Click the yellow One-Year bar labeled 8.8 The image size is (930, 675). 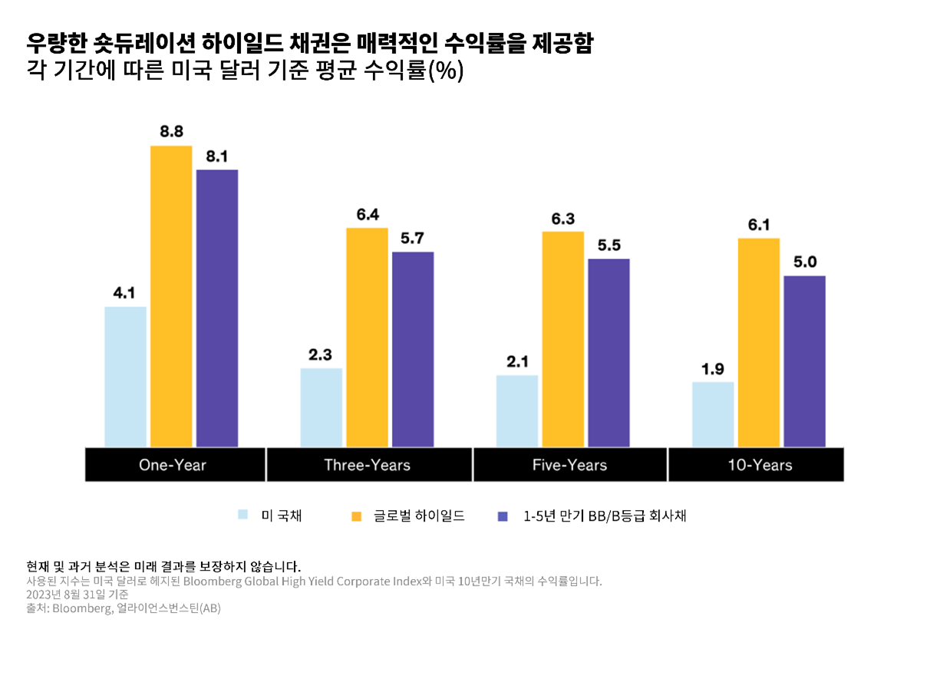pyautogui.click(x=171, y=295)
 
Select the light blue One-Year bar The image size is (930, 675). pyautogui.click(x=125, y=376)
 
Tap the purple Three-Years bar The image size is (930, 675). pyautogui.click(x=413, y=349)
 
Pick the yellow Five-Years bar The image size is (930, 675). pyautogui.click(x=562, y=338)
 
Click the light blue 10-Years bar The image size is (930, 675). pyautogui.click(x=713, y=414)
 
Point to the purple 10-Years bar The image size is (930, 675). pyautogui.click(x=804, y=361)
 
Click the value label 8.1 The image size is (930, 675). pyautogui.click(x=217, y=156)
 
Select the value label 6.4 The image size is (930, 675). pyautogui.click(x=368, y=215)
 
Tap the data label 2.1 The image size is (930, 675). pyautogui.click(x=517, y=361)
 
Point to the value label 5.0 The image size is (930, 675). pyautogui.click(x=804, y=262)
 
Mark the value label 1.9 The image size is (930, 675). pyautogui.click(x=713, y=369)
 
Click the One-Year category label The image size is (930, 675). pyautogui.click(x=173, y=465)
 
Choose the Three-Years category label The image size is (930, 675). pyautogui.click(x=367, y=465)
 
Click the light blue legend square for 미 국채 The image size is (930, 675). pyautogui.click(x=243, y=515)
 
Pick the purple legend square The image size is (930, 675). pyautogui.click(x=503, y=515)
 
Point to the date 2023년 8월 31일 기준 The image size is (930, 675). pyautogui.click(x=77, y=594)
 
